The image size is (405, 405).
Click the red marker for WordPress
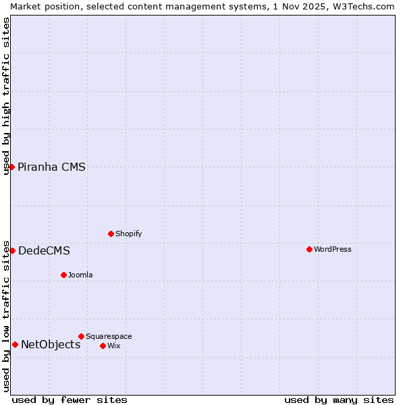(x=309, y=249)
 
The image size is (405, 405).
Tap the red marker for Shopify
(x=111, y=234)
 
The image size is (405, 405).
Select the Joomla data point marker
(x=63, y=275)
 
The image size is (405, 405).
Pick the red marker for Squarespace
(x=81, y=336)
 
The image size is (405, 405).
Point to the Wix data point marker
(x=103, y=346)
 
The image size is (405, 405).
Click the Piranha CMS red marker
(x=11, y=167)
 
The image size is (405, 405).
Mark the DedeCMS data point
(x=12, y=250)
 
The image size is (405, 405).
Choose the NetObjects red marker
(x=15, y=344)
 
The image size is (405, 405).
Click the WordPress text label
(x=332, y=249)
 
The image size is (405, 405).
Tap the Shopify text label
(x=128, y=234)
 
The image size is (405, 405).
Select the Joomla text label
(x=80, y=275)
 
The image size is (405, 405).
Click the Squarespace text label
(x=109, y=336)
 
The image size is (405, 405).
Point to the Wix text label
(x=113, y=346)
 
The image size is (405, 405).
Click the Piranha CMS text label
(x=51, y=167)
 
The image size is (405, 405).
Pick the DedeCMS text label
(x=44, y=251)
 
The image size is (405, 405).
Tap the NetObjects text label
(x=51, y=345)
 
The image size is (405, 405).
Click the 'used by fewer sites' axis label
(x=70, y=400)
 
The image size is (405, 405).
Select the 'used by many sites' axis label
(x=339, y=400)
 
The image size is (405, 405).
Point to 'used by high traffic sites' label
(x=6, y=96)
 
